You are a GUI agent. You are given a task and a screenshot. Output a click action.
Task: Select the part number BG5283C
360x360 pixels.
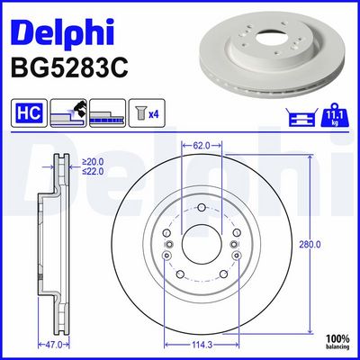[69, 67]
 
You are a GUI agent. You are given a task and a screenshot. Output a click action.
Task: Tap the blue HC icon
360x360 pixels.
[29, 112]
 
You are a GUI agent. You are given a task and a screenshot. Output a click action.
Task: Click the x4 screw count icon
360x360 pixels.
[147, 112]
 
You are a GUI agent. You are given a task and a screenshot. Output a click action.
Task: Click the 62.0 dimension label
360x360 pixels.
[202, 146]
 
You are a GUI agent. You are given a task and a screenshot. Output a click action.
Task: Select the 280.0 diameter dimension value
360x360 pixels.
[310, 245]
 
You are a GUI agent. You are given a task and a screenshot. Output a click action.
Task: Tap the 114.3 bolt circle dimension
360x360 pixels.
[202, 345]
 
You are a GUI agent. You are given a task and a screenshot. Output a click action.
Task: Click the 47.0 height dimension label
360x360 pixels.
[53, 345]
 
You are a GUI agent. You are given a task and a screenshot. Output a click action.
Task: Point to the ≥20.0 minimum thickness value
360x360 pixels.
[93, 162]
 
